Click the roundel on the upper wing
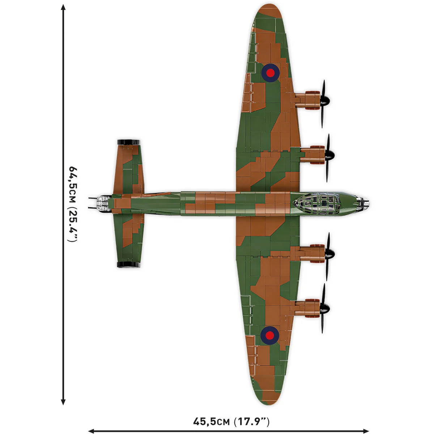point(270,73)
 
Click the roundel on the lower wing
point(269,335)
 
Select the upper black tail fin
point(129,142)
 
